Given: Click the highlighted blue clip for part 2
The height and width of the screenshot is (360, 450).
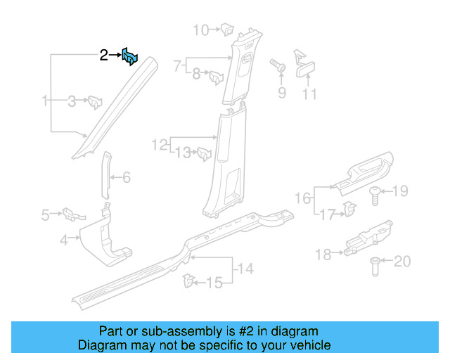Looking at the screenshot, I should [130, 56].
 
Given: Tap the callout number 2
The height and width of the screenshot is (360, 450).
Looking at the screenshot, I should [103, 55].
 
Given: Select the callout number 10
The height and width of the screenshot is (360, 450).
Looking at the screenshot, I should [200, 30].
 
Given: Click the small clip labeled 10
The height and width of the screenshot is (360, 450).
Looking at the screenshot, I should [228, 30].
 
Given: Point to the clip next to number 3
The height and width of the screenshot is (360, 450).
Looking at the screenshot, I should [94, 103].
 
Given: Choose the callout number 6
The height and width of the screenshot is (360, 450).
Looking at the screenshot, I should [127, 177].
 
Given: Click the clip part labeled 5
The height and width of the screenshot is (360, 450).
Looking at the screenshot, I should [70, 212].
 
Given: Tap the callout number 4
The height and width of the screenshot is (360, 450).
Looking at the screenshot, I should [63, 240].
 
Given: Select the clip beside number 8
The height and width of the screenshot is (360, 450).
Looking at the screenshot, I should [216, 74].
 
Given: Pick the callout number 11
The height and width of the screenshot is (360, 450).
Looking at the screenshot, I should [309, 94].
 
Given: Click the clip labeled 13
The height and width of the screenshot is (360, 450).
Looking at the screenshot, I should [204, 152].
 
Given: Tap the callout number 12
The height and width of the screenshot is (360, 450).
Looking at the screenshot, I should [160, 145].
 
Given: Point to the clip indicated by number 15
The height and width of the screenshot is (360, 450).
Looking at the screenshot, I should [188, 282].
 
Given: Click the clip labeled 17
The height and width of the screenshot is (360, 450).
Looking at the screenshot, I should [347, 207].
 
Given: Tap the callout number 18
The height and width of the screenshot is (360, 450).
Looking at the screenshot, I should [323, 255].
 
